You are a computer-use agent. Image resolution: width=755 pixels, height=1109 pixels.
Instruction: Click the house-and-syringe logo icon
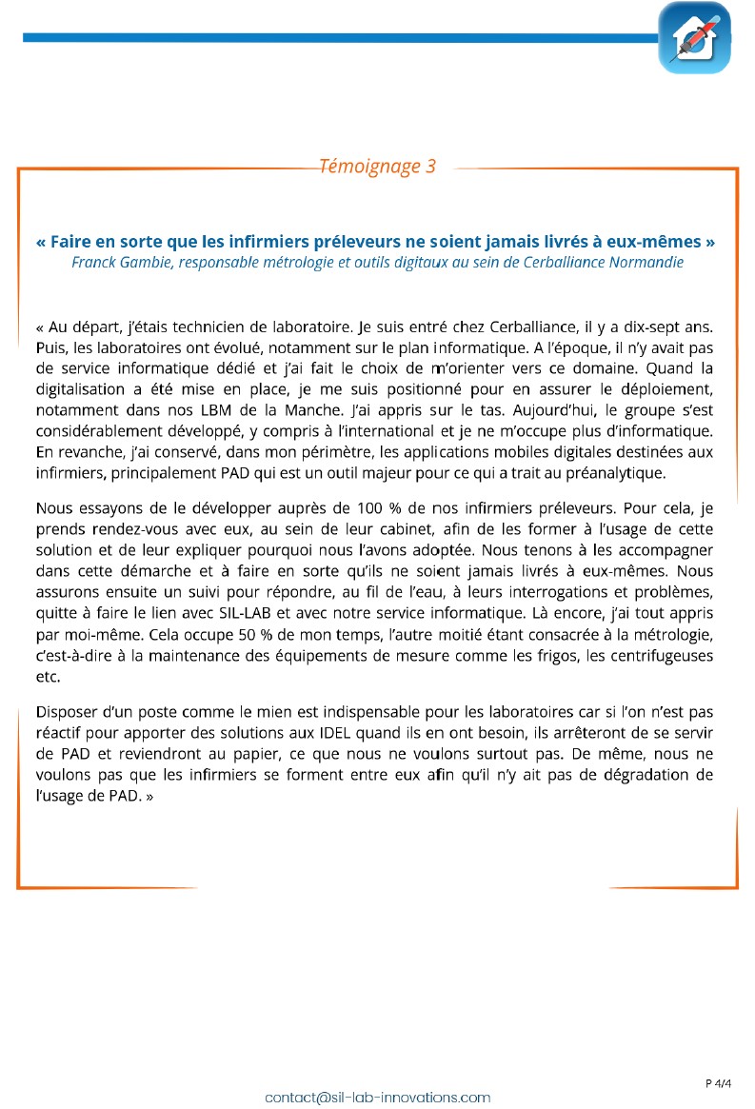click(694, 38)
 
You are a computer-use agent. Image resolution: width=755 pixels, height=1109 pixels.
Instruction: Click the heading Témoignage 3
click(377, 167)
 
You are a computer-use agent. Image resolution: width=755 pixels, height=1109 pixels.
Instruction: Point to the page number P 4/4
click(719, 1082)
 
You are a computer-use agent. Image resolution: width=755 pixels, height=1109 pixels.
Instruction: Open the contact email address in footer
click(377, 1097)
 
